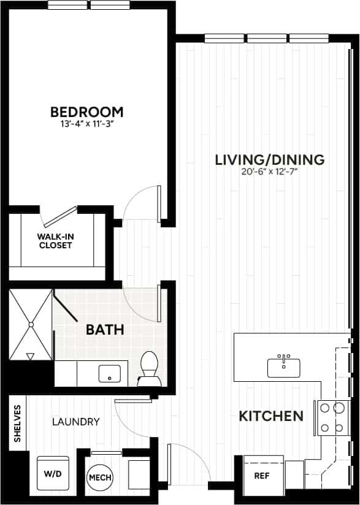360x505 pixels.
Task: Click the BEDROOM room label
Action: [x=86, y=112]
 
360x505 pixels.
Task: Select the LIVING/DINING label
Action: [x=269, y=160]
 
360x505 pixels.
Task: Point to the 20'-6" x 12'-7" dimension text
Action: [x=269, y=172]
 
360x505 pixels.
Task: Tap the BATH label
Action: [x=105, y=330]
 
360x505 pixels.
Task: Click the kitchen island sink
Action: [x=283, y=366]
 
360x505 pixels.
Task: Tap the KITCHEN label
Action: [x=270, y=417]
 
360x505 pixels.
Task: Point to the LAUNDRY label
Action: [x=75, y=422]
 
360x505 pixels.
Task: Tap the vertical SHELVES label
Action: [x=18, y=423]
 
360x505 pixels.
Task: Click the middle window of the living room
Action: [x=267, y=38]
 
